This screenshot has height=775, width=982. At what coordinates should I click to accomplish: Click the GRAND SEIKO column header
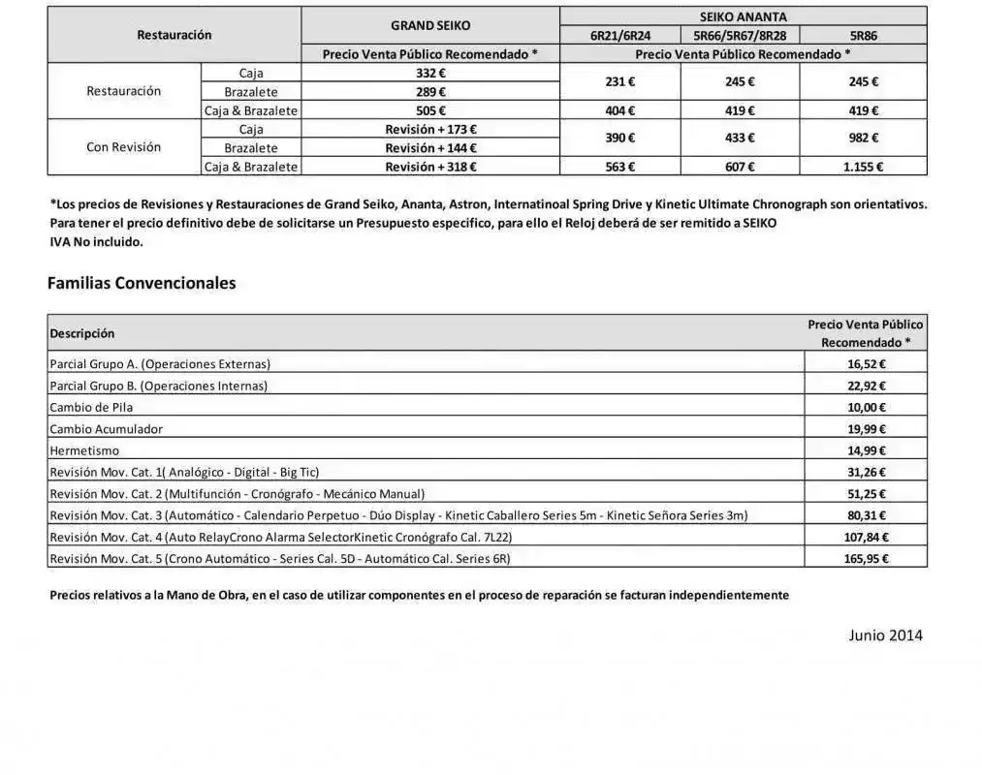point(430,25)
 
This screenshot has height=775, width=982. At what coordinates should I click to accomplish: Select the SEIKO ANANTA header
point(743,16)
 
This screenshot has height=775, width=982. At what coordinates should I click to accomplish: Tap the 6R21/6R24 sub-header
point(620,36)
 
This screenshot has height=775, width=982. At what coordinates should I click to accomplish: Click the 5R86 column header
point(863,36)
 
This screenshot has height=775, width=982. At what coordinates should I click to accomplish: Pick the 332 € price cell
point(430,73)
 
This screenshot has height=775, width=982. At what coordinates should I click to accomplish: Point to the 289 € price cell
point(430,91)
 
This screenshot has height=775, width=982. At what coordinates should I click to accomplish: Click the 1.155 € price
point(863,167)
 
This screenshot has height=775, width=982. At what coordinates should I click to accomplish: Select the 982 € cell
point(863,139)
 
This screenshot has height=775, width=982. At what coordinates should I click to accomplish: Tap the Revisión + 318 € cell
point(430,167)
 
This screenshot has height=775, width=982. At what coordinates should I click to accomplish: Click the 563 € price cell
point(620,167)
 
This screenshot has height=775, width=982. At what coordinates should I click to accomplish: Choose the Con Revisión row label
point(124,147)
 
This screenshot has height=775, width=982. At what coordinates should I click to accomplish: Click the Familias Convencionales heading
point(142,284)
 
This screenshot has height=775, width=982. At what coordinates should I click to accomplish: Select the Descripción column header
point(82,333)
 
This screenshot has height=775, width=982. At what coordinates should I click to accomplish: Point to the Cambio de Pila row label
point(91,407)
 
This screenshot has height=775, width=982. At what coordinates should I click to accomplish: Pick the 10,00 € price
point(866,407)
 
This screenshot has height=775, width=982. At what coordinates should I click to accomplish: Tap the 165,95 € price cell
point(866,558)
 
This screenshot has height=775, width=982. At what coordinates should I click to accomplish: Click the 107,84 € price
point(866,537)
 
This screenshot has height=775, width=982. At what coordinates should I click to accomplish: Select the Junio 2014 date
point(885,635)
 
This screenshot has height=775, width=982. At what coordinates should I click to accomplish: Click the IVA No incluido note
point(96,241)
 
